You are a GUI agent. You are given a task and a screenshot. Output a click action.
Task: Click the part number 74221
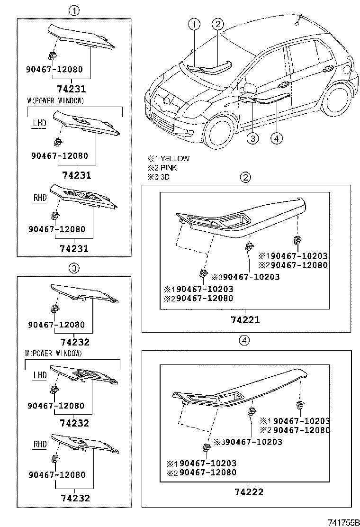245,320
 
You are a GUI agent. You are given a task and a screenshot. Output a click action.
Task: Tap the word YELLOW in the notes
175,159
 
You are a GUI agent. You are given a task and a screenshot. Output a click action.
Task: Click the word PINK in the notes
169,168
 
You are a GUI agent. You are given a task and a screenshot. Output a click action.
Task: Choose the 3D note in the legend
165,177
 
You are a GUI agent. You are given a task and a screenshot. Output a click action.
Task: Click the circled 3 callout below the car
253,138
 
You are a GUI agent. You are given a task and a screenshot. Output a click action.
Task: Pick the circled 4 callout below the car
277,138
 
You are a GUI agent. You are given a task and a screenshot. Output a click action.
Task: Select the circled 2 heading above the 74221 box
245,178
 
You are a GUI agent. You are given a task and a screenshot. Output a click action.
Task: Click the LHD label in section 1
39,123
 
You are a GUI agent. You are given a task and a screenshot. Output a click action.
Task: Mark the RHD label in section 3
40,444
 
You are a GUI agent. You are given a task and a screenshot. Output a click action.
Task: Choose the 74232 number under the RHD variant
75,498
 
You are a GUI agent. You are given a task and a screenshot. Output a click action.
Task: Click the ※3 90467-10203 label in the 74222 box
248,442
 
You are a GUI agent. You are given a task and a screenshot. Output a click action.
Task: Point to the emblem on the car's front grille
166,100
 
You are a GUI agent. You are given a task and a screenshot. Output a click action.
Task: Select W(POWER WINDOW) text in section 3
53,354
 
